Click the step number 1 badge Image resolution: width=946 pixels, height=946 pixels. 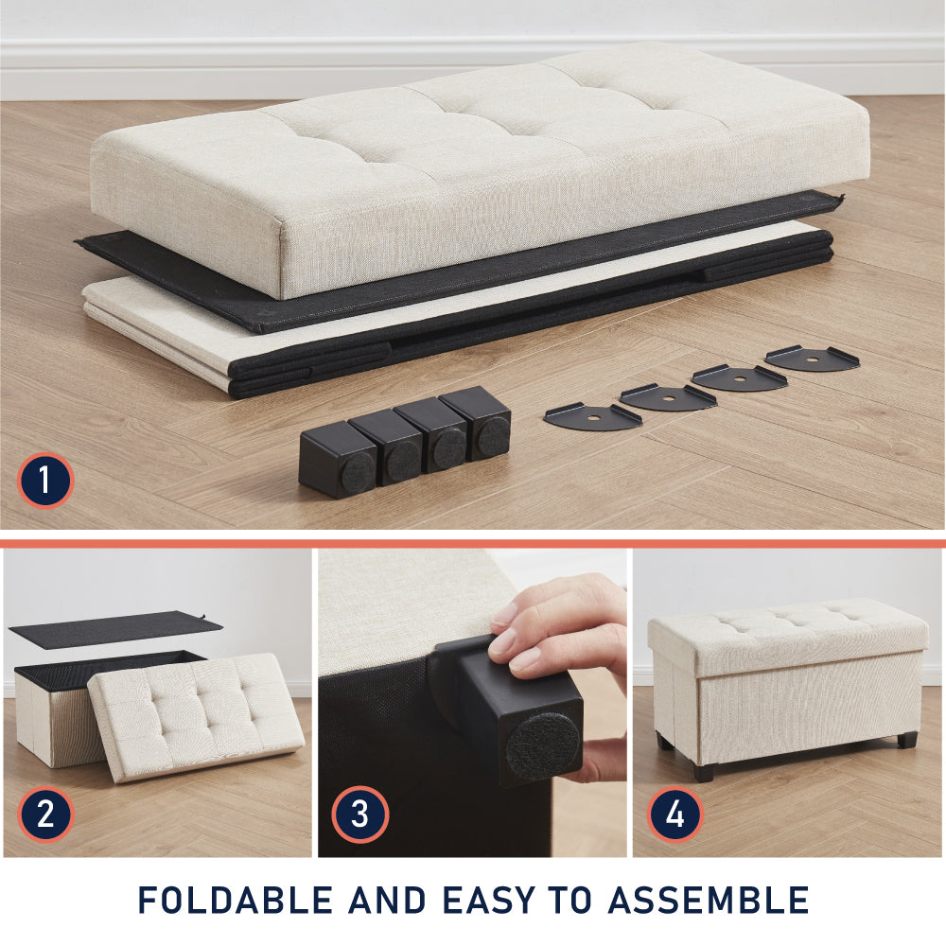[44, 481]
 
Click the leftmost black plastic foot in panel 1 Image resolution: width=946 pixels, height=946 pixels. [337, 460]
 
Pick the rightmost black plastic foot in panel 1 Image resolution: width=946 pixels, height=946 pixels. [477, 422]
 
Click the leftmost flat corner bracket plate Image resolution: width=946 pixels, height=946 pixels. [592, 417]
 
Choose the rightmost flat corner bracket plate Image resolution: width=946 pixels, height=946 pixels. [812, 359]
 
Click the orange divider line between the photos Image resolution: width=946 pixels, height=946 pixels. [473, 544]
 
